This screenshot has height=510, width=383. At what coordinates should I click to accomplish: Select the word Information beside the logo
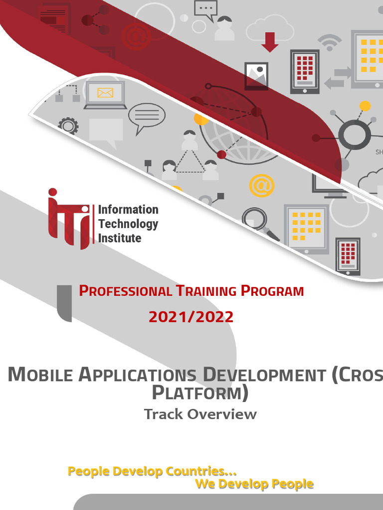[x=128, y=210]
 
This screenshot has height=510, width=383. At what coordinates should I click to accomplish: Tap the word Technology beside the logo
[x=128, y=224]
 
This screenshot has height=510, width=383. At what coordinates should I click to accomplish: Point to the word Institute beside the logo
[x=120, y=238]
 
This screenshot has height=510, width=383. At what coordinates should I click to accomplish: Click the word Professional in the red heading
[x=125, y=291]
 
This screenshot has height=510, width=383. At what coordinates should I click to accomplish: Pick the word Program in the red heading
[x=272, y=291]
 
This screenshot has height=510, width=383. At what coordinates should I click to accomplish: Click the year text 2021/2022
[x=191, y=317]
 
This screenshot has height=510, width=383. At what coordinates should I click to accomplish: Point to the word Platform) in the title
[x=199, y=393]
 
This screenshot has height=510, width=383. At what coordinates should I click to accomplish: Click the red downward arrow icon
[x=270, y=42]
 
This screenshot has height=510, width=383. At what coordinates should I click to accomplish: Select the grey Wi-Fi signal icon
[x=330, y=42]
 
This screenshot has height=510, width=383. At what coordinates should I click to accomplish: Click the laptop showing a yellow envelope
[x=105, y=95]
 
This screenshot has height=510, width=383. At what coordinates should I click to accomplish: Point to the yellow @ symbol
[x=261, y=185]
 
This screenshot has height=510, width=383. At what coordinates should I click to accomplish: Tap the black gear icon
[x=68, y=126]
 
